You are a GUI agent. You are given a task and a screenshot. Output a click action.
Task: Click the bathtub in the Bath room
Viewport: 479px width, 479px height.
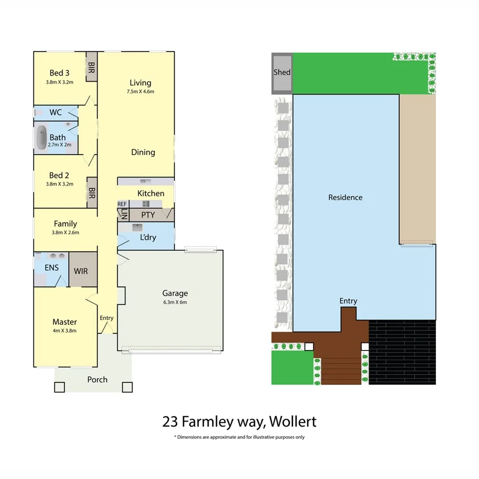(x=41, y=137)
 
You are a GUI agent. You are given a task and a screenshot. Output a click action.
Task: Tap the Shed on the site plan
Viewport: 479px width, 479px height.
(x=282, y=72)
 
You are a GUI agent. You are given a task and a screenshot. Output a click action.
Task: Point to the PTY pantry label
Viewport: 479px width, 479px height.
(x=148, y=215)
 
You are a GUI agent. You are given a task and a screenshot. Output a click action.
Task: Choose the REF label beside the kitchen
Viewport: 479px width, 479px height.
(x=122, y=204)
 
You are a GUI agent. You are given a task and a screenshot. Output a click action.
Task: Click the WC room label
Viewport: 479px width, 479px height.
(x=56, y=112)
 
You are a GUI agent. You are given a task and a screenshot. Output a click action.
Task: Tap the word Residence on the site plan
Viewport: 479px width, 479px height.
(x=345, y=197)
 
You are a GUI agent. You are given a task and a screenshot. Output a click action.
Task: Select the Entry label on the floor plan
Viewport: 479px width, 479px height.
(x=106, y=318)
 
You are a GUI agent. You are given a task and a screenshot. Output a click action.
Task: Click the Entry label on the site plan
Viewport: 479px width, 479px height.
(x=348, y=301)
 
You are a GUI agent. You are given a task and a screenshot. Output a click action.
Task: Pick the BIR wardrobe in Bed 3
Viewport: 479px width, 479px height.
(x=91, y=68)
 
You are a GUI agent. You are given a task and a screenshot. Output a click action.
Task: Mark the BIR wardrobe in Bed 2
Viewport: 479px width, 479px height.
(x=91, y=193)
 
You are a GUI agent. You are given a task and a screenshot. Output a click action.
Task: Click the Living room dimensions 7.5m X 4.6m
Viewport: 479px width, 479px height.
(x=140, y=91)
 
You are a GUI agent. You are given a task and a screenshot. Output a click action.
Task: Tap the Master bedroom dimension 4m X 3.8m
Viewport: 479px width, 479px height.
(x=64, y=330)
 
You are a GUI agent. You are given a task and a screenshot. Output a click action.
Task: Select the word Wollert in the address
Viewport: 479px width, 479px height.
(x=293, y=422)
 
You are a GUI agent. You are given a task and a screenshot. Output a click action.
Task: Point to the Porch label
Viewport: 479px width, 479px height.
(x=97, y=380)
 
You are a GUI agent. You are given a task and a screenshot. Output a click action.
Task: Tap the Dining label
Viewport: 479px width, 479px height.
(x=143, y=152)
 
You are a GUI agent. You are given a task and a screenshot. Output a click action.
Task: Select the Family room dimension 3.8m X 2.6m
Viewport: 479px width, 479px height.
(x=65, y=232)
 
